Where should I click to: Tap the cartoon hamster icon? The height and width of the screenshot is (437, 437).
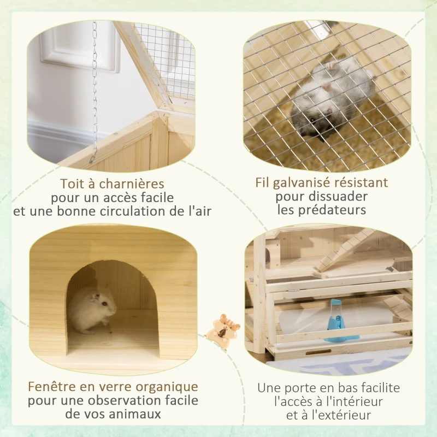[226, 330]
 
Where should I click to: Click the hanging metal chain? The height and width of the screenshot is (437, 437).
[95, 87]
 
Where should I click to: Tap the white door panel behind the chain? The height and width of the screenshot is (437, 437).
[76, 49]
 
